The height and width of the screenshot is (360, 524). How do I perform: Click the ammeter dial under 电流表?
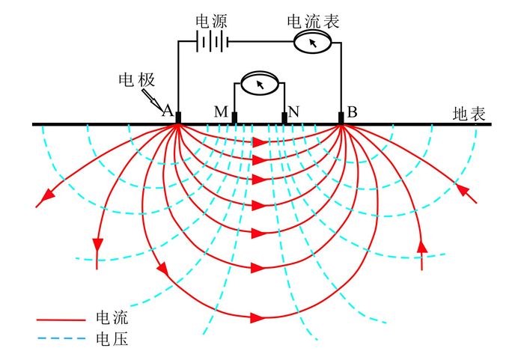tap(314, 43)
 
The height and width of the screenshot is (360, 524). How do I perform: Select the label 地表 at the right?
tap(469, 114)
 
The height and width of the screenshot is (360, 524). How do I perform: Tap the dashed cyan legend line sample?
tap(61, 341)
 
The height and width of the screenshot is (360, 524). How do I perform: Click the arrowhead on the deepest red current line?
tap(258, 317)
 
